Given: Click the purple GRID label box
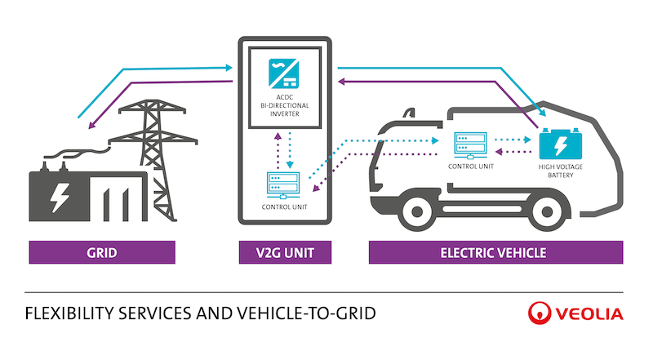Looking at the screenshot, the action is (x=102, y=252).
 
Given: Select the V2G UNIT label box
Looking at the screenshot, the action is (x=285, y=252).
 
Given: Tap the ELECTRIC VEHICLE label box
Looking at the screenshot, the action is (x=495, y=252).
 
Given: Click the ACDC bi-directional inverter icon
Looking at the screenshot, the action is (x=283, y=73).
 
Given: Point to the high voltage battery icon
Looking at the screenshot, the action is (x=560, y=144).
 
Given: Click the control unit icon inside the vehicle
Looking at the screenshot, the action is (x=471, y=145).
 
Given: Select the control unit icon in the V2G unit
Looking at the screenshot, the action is (x=283, y=185).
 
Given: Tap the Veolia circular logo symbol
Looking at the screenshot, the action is (x=540, y=313).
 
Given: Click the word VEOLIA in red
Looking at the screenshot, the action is (x=589, y=313).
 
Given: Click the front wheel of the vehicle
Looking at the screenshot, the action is (x=417, y=211).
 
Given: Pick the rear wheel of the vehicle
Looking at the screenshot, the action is (x=547, y=212).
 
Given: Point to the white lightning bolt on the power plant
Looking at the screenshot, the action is (x=60, y=197).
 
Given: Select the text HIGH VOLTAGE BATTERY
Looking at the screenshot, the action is (x=561, y=171).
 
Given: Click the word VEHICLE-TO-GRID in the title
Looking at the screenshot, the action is (x=306, y=313).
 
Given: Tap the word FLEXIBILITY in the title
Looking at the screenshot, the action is (x=69, y=313).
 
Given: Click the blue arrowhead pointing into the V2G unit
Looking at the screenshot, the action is (x=229, y=68).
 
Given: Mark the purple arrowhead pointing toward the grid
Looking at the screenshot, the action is (x=91, y=125).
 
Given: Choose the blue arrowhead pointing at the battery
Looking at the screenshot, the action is (x=542, y=113).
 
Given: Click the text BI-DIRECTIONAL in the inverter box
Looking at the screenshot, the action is (x=285, y=105).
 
